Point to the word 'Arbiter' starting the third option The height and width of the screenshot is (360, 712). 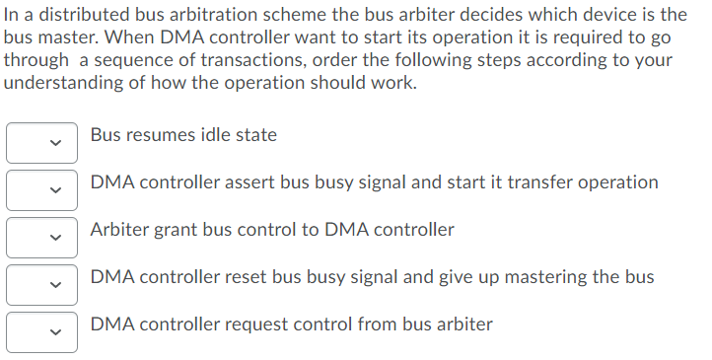(x=120, y=230)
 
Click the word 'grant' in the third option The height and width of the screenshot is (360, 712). (x=179, y=230)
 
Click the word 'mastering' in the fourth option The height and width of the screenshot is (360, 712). (x=552, y=277)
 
